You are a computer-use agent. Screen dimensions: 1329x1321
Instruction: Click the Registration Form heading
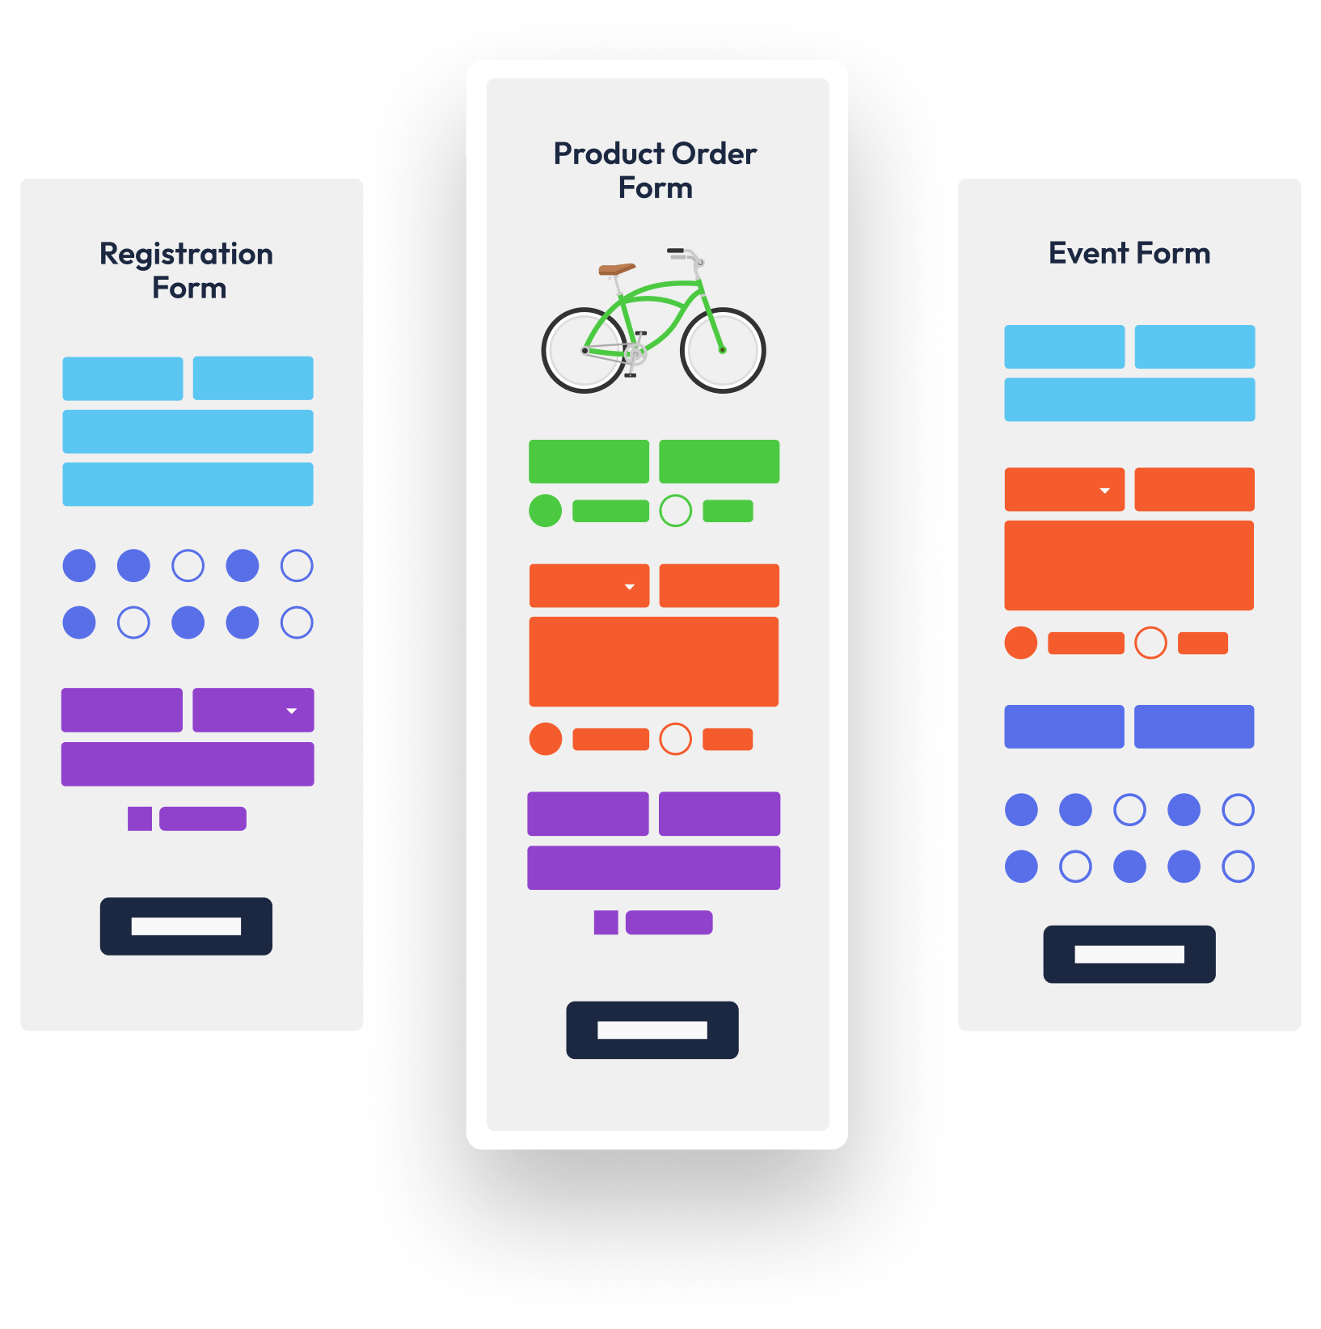coord(187,271)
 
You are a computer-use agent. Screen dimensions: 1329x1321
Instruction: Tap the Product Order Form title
coord(655,171)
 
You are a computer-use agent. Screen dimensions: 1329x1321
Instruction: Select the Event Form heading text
coord(1129,253)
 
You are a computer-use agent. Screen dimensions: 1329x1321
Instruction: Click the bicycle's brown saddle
coord(617,269)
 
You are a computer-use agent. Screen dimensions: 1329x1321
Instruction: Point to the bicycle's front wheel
coord(723,350)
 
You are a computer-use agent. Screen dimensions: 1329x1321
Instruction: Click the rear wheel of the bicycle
coord(584,350)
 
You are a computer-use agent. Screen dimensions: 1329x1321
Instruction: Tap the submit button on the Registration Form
coord(186,926)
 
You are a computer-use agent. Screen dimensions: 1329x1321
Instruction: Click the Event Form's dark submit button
coord(1129,955)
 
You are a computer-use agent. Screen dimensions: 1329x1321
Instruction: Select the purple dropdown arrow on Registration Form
coord(292,711)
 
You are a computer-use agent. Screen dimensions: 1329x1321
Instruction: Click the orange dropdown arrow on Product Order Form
coord(630,587)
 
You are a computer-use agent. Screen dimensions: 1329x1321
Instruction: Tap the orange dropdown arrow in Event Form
coord(1105,491)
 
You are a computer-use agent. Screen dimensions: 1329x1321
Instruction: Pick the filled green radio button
coord(546,511)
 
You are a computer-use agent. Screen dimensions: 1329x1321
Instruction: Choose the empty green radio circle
coord(676,511)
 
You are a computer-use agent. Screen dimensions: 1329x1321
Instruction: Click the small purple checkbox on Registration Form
coord(140,819)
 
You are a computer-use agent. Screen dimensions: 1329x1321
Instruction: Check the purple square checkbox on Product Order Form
coord(606,922)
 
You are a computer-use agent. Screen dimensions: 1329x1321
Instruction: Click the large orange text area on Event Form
coord(1129,565)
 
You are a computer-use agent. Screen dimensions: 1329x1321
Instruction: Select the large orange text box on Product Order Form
coord(654,661)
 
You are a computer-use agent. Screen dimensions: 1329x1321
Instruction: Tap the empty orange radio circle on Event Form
coord(1151,643)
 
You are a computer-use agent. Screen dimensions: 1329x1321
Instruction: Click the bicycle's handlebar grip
coord(676,251)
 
